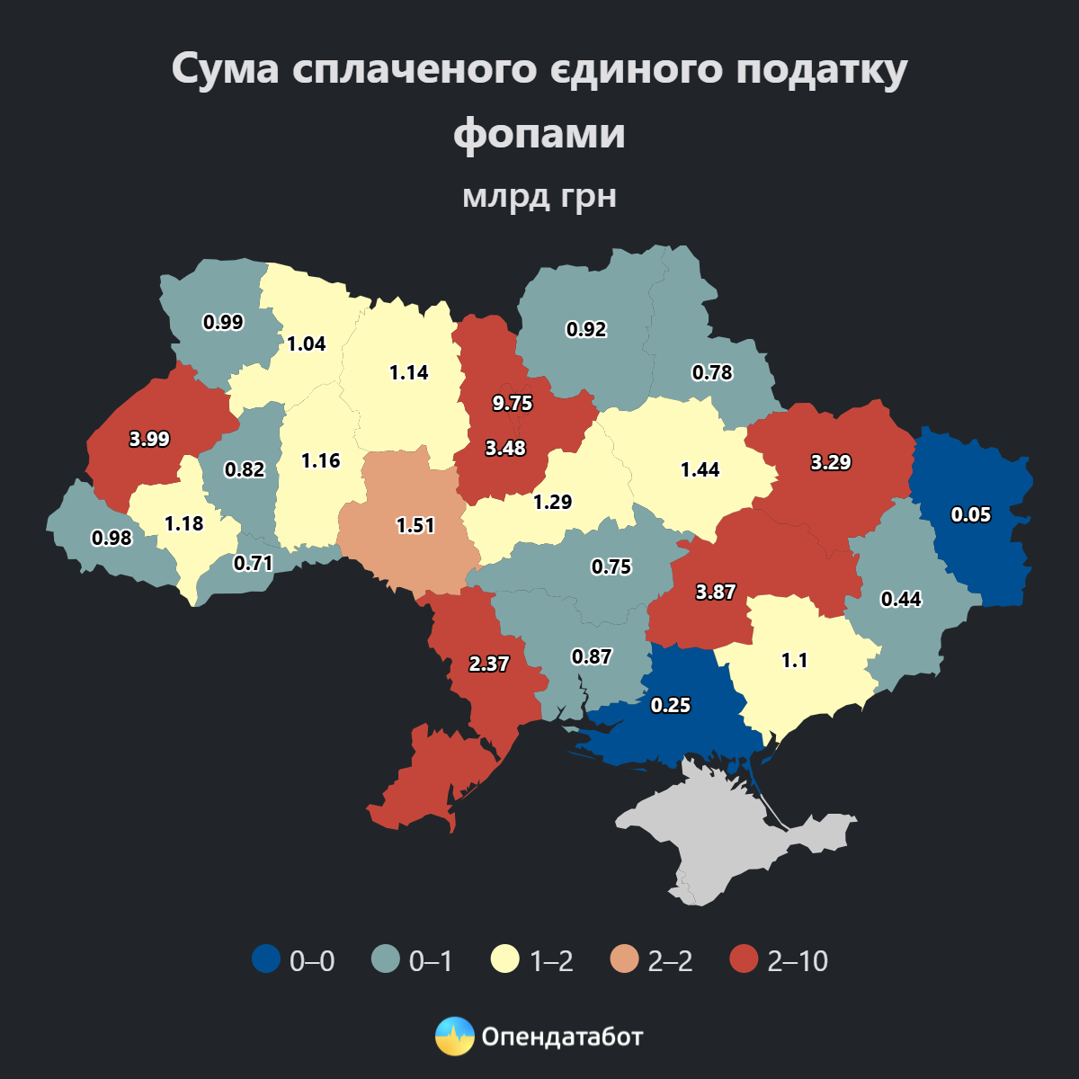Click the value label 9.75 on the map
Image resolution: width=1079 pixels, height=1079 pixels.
tap(513, 404)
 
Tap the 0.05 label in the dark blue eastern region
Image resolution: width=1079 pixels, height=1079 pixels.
tap(971, 514)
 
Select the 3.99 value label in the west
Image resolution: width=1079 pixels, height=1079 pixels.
tap(149, 439)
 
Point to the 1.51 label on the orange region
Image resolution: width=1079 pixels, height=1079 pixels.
tap(415, 525)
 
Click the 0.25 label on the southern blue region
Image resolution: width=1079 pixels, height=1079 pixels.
tap(671, 705)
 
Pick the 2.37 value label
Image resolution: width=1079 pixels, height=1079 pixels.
tap(489, 664)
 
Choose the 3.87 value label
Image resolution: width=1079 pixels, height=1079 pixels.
tap(716, 592)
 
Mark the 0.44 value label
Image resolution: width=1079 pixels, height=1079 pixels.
tap(901, 599)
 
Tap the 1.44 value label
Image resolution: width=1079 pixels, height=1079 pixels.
tap(700, 469)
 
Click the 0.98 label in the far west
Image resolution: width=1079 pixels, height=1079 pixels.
tap(111, 538)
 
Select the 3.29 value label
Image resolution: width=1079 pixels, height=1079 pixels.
tap(831, 463)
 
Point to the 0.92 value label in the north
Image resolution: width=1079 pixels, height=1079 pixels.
tap(586, 329)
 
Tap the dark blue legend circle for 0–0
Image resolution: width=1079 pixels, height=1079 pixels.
tap(266, 959)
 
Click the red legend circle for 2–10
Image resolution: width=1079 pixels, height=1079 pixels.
tap(745, 959)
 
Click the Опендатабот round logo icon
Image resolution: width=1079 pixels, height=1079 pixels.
tap(454, 1036)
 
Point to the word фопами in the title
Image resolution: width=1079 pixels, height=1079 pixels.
tap(539, 133)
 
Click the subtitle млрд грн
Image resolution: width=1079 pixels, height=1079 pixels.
tap(539, 195)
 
